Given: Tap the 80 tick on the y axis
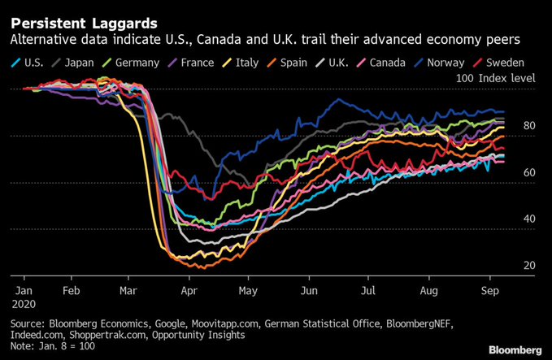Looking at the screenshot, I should pyautogui.click(x=528, y=126).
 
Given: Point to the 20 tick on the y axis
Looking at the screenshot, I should pyautogui.click(x=528, y=266).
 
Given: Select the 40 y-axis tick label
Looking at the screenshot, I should pyautogui.click(x=528, y=219).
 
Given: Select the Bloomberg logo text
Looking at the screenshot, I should pyautogui.click(x=515, y=349).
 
